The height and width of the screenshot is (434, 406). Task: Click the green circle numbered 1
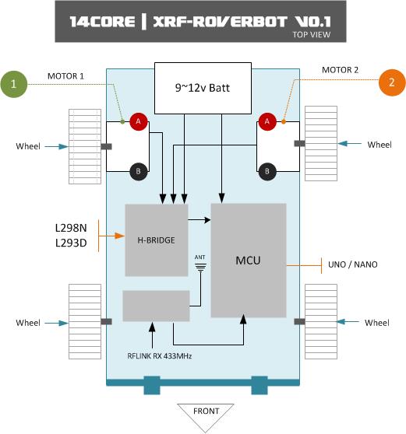coord(14,84)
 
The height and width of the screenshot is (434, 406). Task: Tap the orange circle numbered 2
coord(392,82)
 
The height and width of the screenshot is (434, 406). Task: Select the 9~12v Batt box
coord(203,88)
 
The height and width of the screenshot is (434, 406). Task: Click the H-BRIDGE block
coord(157,240)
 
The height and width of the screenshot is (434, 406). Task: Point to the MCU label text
coord(248,261)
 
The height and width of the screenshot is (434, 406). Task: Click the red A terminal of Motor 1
coord(139,121)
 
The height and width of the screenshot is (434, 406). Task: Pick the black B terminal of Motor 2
coord(267,171)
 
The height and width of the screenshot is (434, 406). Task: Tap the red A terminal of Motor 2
coord(267,121)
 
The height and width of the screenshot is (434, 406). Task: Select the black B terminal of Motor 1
coord(139,171)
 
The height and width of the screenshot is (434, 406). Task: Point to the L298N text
coord(71,228)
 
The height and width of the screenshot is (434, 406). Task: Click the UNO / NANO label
coord(353,264)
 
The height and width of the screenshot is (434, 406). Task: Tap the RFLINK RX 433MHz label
coord(160,356)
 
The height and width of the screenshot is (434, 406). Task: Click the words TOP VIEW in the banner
coord(312,34)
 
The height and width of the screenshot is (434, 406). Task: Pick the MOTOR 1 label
coord(65,76)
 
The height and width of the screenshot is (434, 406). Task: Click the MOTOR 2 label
coord(340,70)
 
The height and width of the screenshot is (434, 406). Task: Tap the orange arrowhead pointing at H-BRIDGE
coord(119,236)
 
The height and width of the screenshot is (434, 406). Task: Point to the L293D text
coord(71,243)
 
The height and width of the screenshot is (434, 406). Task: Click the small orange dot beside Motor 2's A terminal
coord(284,121)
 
